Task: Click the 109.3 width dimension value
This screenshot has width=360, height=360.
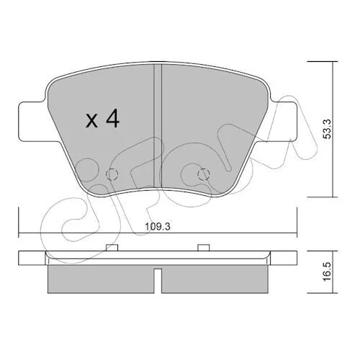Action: [x=158, y=226]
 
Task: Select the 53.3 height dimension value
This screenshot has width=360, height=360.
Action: [x=327, y=129]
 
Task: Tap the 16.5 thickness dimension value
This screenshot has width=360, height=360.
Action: [x=327, y=272]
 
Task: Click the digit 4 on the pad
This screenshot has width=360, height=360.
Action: [x=113, y=118]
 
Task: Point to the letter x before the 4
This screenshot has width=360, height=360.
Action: [x=91, y=121]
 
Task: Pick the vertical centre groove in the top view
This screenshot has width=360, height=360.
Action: [x=158, y=126]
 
